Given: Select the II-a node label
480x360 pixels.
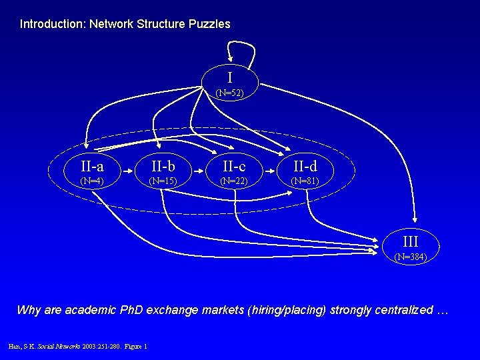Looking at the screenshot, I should pyautogui.click(x=91, y=165).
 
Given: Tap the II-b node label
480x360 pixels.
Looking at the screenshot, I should pyautogui.click(x=163, y=165).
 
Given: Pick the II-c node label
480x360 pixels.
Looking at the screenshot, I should pyautogui.click(x=233, y=165).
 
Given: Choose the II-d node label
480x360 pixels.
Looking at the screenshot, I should pyautogui.click(x=305, y=165).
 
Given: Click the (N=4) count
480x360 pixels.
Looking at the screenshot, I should pyautogui.click(x=91, y=180).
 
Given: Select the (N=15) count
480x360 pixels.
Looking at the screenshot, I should pyautogui.click(x=163, y=180).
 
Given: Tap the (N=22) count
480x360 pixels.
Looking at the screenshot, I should pyautogui.click(x=234, y=180).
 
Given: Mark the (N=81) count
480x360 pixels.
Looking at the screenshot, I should pyautogui.click(x=305, y=180).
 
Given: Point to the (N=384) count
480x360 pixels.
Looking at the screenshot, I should pyautogui.click(x=410, y=257).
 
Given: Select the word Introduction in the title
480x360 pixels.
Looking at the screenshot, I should pyautogui.click(x=48, y=24).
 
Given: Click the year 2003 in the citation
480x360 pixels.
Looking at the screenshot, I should pyautogui.click(x=89, y=345).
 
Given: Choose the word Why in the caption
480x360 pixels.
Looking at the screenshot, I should pyautogui.click(x=29, y=310).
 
